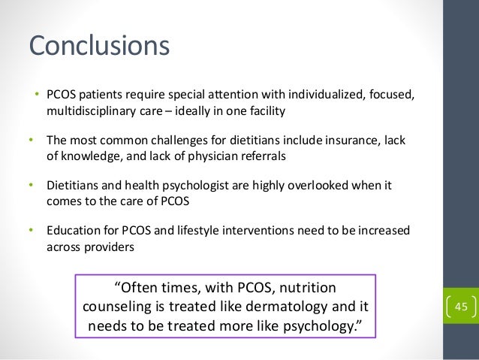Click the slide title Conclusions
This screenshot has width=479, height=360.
pyautogui.click(x=99, y=45)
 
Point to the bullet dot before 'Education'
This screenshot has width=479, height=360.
pyautogui.click(x=32, y=229)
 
